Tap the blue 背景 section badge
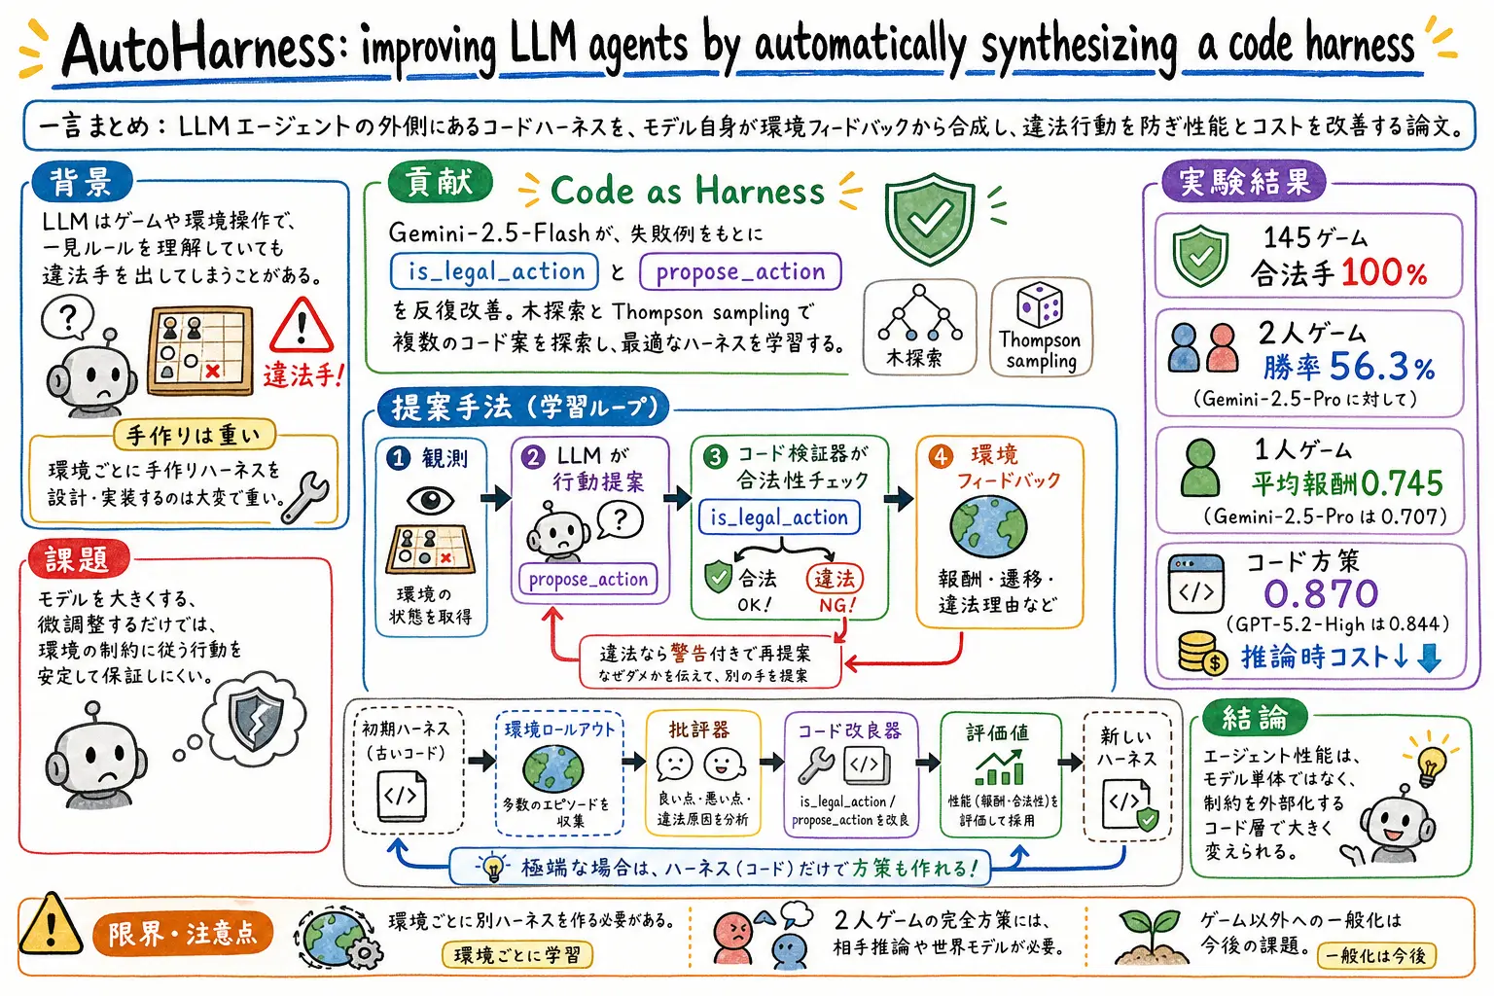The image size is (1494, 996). coord(82,182)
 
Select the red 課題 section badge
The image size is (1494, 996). coord(78,559)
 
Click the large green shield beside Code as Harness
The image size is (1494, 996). coord(929,218)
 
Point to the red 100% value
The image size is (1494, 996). coord(1384,273)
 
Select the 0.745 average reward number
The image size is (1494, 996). coord(1402,483)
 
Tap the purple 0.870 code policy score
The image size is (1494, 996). coord(1321,593)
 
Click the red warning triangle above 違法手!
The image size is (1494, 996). coord(301,325)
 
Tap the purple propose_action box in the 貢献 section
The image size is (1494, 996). coord(740,271)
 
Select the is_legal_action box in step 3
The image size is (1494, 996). coord(779,517)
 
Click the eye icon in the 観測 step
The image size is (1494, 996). coord(430,500)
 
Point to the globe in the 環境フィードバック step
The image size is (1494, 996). coord(988,525)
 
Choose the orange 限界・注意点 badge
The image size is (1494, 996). coord(183,934)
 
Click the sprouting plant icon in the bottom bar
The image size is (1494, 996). coord(1149,939)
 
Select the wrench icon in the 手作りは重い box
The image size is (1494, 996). coord(304,497)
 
